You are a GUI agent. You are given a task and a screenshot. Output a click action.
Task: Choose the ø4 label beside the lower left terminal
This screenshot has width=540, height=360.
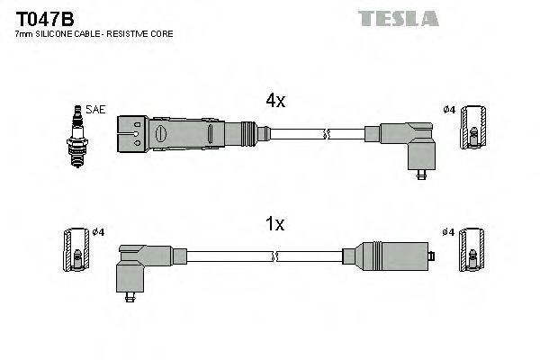tap(98, 232)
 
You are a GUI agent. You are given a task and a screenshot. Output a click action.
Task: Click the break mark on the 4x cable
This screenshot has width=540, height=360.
tap(328, 135)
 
